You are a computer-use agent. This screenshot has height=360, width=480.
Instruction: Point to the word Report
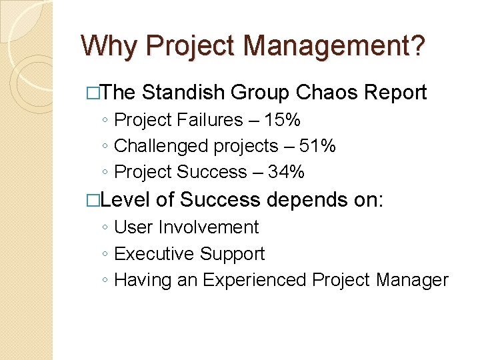(393, 93)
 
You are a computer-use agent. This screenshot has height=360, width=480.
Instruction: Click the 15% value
(282, 120)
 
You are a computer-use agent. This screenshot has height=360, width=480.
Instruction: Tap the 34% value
(286, 172)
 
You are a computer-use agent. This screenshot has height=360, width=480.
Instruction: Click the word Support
(232, 254)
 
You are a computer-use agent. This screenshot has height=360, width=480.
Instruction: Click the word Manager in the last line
(413, 280)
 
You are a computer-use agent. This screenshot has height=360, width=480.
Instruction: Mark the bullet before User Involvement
(107, 228)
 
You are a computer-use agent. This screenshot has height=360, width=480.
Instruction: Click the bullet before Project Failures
(107, 121)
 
